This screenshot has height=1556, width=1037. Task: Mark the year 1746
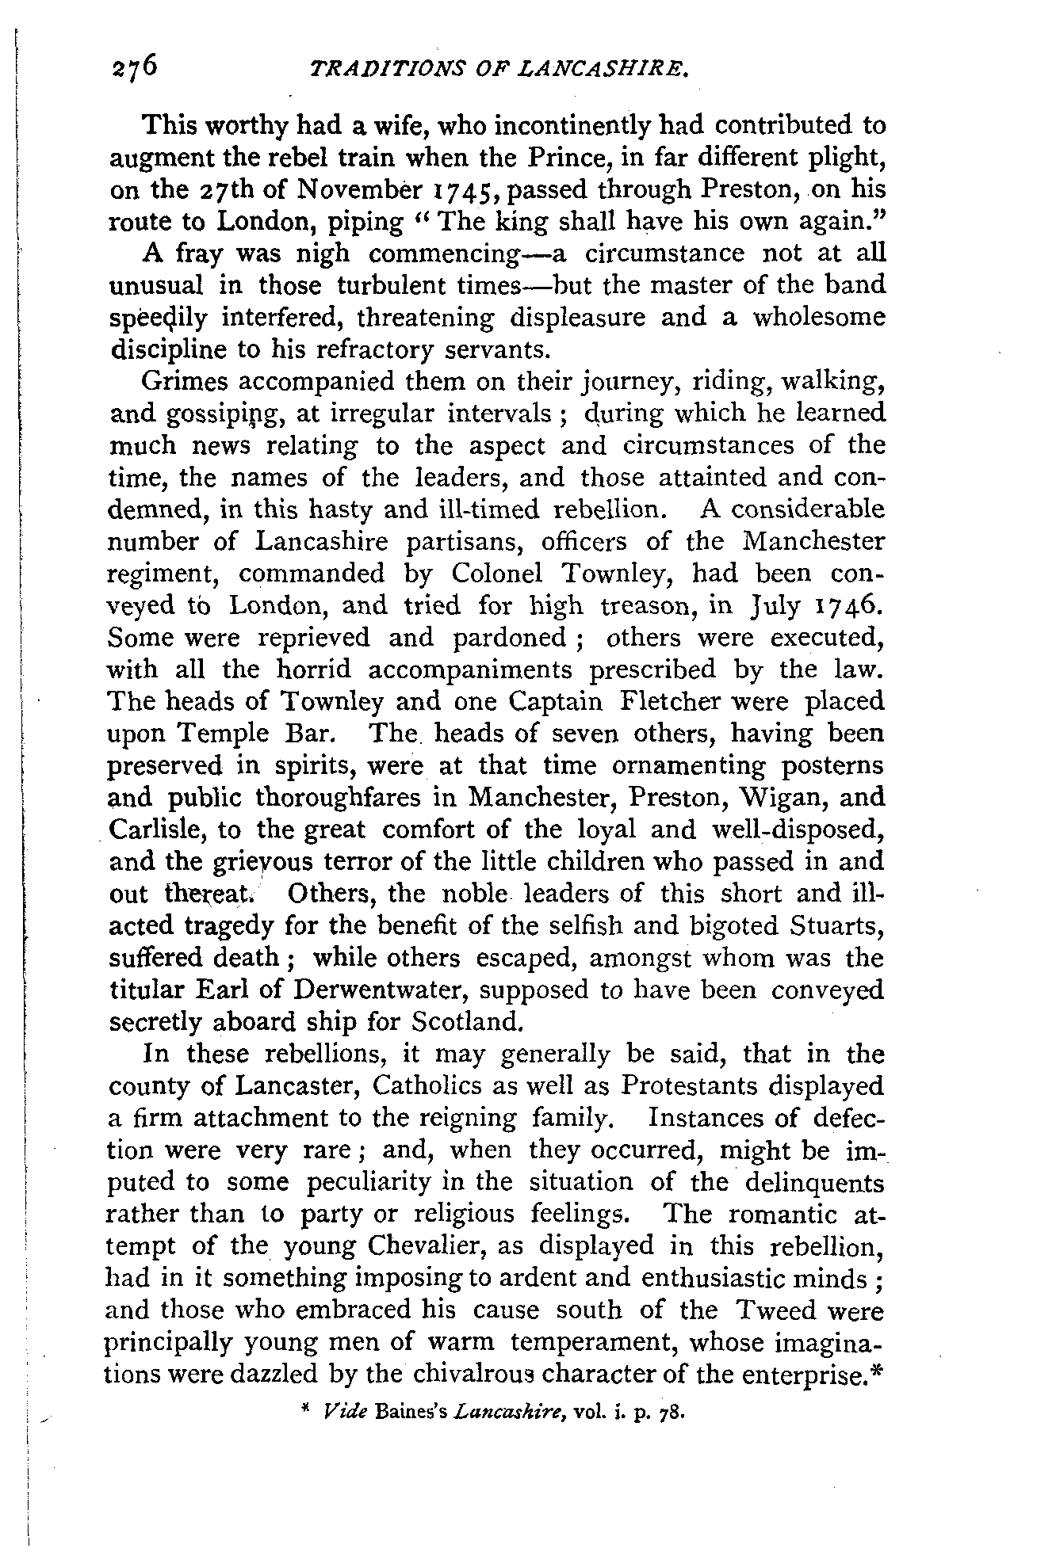(847, 606)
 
